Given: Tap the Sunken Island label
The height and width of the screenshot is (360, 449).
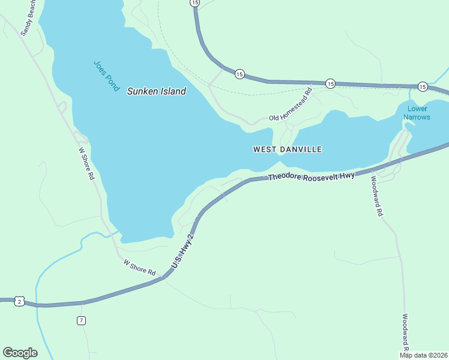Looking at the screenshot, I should click(156, 92).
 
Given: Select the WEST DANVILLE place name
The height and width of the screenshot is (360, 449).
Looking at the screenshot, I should click(288, 149).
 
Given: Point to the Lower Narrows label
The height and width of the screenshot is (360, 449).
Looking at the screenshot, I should click(418, 113).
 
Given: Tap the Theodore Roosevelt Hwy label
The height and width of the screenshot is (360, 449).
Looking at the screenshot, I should click(312, 176).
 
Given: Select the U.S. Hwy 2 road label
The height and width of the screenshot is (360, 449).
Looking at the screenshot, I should click(184, 250).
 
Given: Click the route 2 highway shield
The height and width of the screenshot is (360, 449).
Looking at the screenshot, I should click(20, 301).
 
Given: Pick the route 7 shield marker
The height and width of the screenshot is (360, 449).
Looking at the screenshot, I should click(81, 320).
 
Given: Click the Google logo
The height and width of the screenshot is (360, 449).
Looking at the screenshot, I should click(20, 352).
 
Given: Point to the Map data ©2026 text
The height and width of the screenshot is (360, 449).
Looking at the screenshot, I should click(424, 355).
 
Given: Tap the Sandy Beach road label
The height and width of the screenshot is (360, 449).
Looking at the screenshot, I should click(29, 19).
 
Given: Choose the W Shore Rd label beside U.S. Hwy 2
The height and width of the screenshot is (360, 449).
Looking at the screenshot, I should click(139, 268).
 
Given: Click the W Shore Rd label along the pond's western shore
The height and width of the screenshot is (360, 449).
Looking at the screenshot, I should click(86, 163).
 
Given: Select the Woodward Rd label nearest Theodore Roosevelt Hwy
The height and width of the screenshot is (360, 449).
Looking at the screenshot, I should click(376, 196).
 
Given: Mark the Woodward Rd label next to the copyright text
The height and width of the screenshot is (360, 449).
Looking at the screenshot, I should click(406, 333).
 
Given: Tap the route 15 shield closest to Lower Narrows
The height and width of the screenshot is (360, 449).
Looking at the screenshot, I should click(423, 87).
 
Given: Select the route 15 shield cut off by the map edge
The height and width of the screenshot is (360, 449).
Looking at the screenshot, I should click(194, 3).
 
